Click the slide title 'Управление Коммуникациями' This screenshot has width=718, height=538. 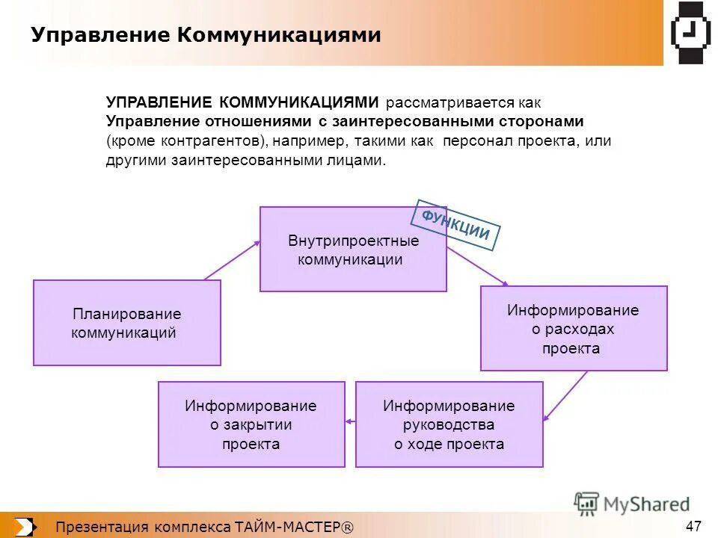[x=206, y=35]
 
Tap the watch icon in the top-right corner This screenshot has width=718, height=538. [x=691, y=32]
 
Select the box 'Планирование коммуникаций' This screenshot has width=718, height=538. [x=126, y=323]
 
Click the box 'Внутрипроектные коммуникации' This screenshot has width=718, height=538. [x=352, y=250]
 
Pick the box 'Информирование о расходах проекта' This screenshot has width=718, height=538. [x=573, y=329]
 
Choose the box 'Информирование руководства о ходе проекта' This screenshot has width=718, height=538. [x=449, y=424]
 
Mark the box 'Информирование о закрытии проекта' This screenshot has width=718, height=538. [x=251, y=424]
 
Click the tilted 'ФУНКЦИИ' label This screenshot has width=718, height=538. [x=455, y=225]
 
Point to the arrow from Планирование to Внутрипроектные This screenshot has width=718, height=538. [x=232, y=260]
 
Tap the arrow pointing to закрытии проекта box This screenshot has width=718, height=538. [x=350, y=423]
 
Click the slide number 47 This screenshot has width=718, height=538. [x=693, y=525]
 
